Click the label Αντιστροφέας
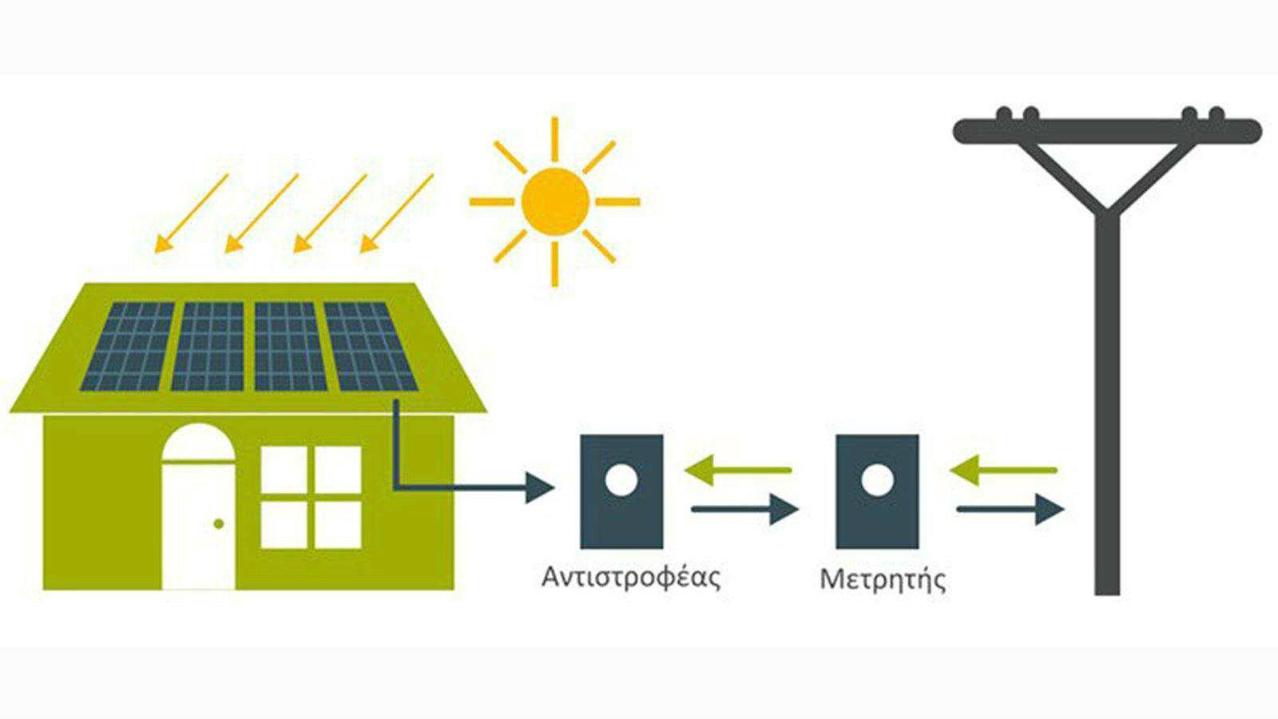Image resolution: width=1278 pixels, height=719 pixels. click(x=630, y=577)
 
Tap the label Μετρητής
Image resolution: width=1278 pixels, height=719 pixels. click(x=882, y=578)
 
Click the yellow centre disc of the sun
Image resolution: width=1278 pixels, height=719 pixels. click(x=555, y=201)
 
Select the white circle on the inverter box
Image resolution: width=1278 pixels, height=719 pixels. click(x=621, y=480)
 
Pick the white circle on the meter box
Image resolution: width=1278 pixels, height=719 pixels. click(x=876, y=480)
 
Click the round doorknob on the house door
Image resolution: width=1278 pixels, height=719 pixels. click(x=218, y=524)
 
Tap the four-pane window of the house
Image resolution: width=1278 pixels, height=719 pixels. click(x=312, y=497)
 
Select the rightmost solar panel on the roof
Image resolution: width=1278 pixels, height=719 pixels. click(x=369, y=347)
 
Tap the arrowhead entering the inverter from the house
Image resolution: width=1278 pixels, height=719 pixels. click(x=540, y=487)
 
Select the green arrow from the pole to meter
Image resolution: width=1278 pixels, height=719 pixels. click(x=1003, y=470)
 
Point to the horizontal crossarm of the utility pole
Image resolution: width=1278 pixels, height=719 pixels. click(x=1107, y=130)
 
